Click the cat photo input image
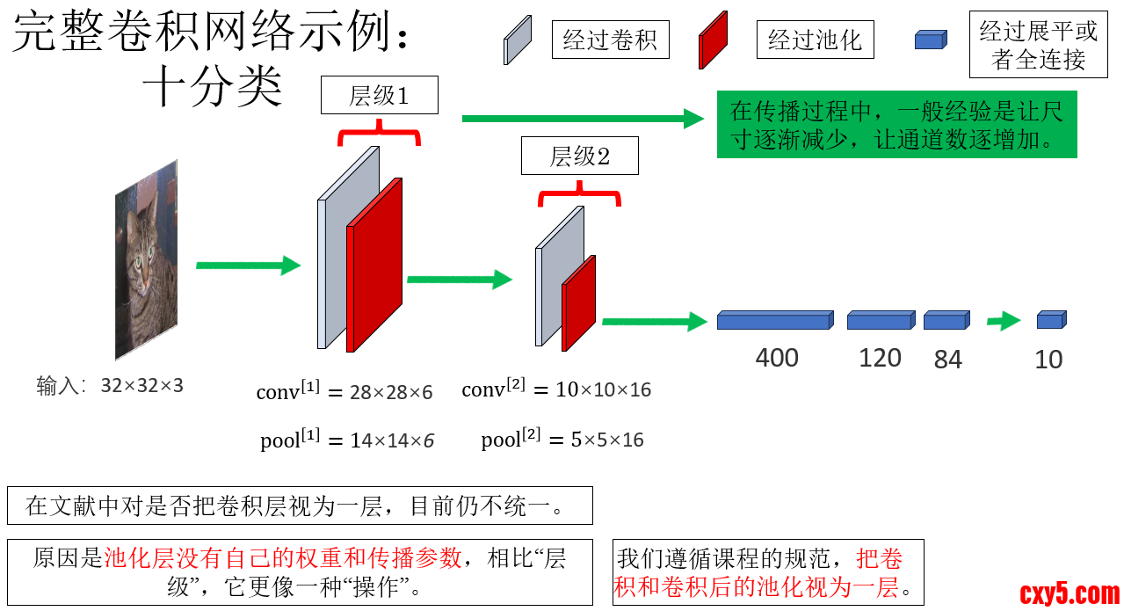point(146,260)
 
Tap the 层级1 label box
point(379,95)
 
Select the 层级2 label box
point(579,157)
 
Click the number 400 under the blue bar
point(777,358)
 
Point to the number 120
point(880,358)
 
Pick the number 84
point(947,360)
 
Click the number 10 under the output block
point(1048,360)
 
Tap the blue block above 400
point(774,320)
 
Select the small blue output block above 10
point(1050,320)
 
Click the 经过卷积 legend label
point(610,40)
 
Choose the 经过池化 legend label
point(815,40)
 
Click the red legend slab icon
point(713,40)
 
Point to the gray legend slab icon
point(517,40)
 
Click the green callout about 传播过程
point(896,126)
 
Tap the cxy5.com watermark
point(1070,594)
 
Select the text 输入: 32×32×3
point(110,385)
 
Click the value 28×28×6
point(391,393)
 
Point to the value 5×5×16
point(607,440)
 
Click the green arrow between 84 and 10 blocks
point(1003,321)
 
